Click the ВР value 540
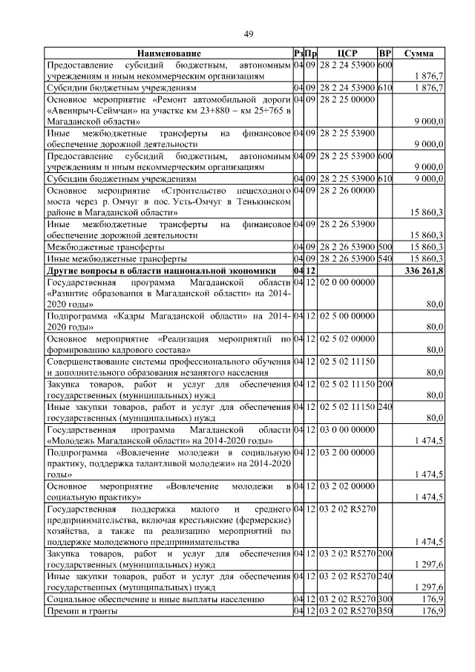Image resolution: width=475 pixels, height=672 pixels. click(x=384, y=259)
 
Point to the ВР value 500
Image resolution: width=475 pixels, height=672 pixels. click(x=384, y=247)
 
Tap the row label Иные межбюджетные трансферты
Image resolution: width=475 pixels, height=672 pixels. click(x=112, y=259)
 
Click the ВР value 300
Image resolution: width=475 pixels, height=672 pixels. click(x=384, y=598)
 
